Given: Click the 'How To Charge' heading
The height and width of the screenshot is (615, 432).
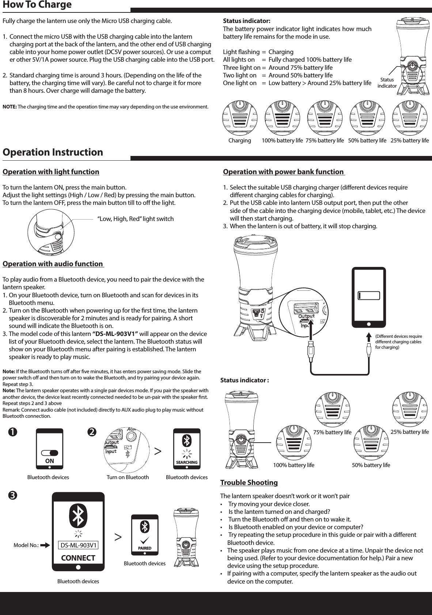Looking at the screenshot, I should pos(37,5).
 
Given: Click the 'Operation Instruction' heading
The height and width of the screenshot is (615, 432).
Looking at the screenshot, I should pos(53,152).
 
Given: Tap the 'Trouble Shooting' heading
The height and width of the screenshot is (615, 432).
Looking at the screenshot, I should pos(249,482).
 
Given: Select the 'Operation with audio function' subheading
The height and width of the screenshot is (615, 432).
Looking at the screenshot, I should pos(53,264).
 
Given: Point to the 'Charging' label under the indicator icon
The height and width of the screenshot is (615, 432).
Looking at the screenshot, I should pos(239,141).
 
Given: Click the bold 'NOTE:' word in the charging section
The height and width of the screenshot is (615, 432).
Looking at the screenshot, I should pos(10,107).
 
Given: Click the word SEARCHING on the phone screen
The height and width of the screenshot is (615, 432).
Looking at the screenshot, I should pos(187,462).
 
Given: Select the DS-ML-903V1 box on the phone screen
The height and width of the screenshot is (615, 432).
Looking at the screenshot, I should pos(79,545).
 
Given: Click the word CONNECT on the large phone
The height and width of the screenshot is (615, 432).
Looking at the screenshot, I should pos(78,558).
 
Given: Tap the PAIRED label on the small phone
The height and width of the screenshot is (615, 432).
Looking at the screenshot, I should pos(145,548).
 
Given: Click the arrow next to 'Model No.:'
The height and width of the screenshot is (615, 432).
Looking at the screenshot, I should pos(46,546).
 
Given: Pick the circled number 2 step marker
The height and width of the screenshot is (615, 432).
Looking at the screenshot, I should pos(92,432).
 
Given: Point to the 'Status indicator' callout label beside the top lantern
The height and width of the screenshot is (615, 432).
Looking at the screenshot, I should pos(387,83).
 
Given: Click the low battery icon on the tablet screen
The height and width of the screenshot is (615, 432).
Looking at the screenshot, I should pos(369,295).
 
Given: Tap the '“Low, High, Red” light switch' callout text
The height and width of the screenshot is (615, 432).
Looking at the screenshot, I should pos(135,219).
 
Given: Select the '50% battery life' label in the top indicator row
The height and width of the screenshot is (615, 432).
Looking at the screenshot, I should pos(367,141).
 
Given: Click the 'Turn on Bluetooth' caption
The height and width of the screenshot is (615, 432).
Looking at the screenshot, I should pos(128,477).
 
